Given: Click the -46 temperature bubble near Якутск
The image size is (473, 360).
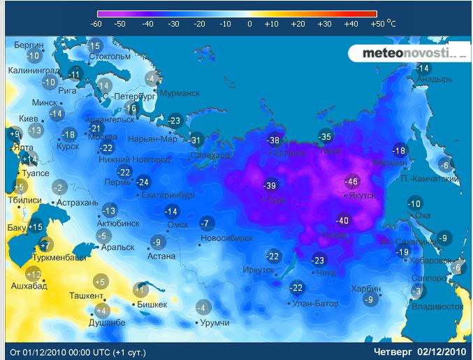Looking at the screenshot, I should coord(351,182).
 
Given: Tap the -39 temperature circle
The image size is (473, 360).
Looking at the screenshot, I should coord(270,185).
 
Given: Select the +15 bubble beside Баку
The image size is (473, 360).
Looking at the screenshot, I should coord(36,226).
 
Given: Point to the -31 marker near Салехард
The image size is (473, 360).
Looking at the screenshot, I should coord(196,140).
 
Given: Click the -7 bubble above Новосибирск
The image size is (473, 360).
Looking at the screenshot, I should coord(205,224).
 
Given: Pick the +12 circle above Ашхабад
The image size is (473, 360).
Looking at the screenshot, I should coord(34,275).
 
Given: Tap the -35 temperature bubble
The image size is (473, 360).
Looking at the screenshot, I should coord(325,136).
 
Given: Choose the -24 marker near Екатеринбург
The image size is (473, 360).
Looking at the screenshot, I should coord(143,182).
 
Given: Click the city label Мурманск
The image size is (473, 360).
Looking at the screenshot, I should coord(180,93).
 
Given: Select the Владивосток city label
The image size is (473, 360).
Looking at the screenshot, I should coord(438,306).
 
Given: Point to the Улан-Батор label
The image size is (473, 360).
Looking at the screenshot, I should coord(316,303).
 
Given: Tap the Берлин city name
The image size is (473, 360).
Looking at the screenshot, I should coord(29,45).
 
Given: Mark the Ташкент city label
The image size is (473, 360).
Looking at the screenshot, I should coord(86,296).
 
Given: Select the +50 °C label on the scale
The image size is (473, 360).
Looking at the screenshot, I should coord(382,23).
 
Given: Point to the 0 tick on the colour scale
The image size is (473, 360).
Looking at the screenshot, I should coord(249,23).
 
